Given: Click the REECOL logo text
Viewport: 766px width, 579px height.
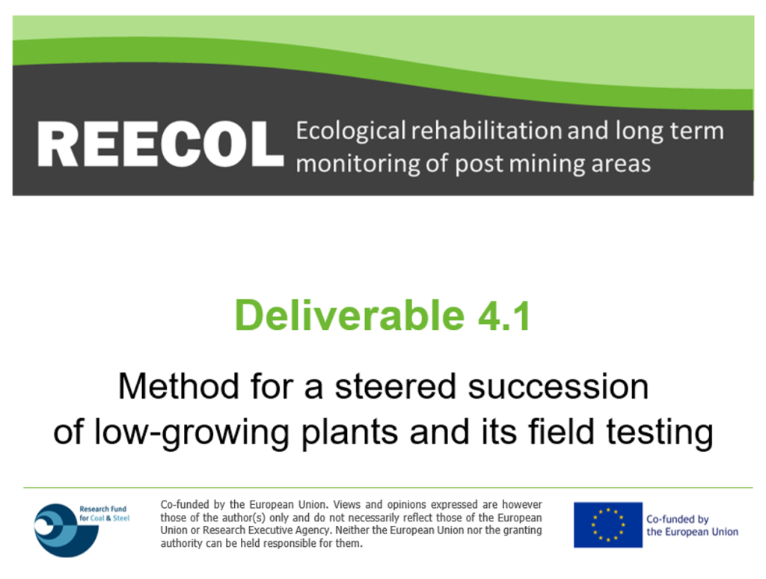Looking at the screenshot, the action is (x=160, y=144).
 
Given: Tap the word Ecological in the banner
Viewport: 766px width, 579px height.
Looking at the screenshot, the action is (x=351, y=132).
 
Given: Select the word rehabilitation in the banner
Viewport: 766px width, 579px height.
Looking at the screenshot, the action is (x=486, y=130).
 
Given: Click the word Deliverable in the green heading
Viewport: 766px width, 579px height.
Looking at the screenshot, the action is (x=349, y=315).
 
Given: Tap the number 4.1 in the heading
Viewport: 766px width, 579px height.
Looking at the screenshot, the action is (x=504, y=316).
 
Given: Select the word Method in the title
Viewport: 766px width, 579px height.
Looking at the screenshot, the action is (x=178, y=386).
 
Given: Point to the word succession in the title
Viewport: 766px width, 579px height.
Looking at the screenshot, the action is (x=558, y=387).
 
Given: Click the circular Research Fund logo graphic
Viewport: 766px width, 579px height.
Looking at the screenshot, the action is (x=66, y=530).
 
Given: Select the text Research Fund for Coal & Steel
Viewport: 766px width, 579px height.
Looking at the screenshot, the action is (x=105, y=513).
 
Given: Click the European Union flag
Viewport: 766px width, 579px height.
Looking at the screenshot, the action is (x=607, y=524).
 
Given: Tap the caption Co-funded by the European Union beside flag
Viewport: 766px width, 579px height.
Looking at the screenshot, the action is (x=692, y=525).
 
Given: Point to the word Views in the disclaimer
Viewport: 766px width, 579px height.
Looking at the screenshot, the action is (x=349, y=504).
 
